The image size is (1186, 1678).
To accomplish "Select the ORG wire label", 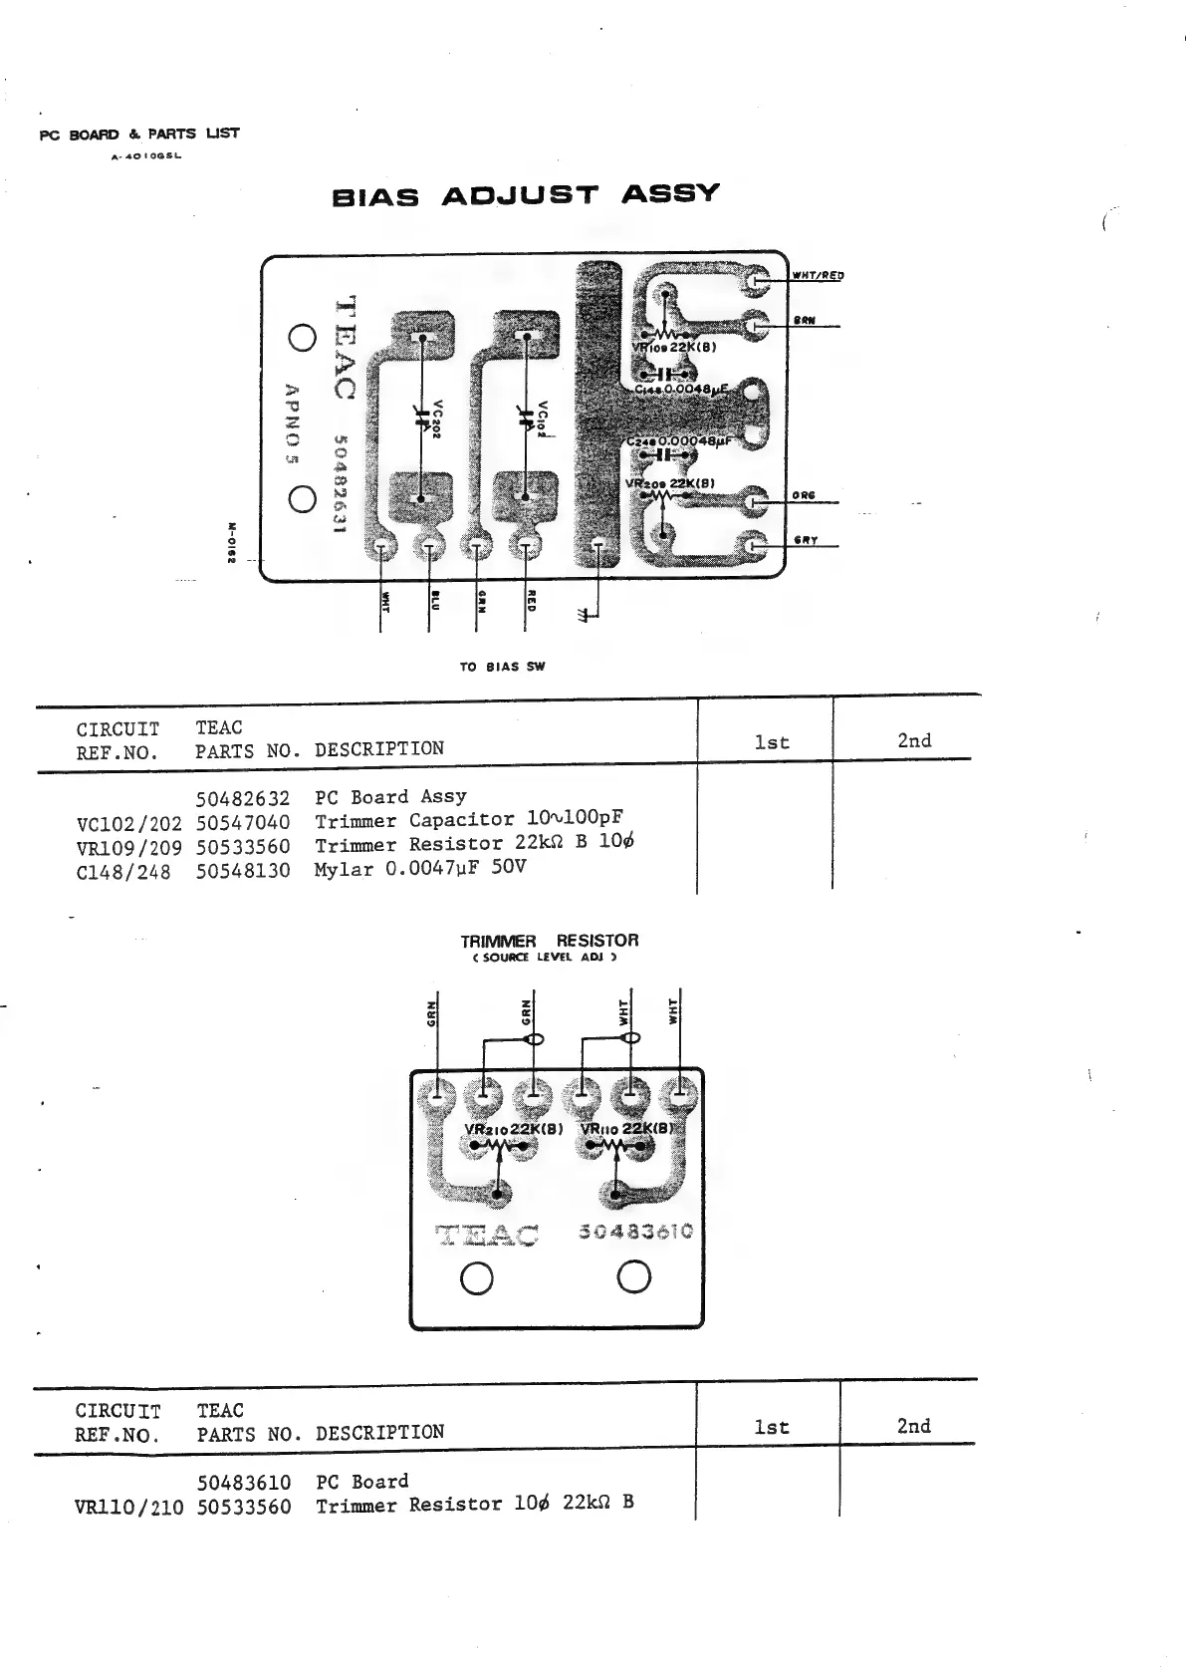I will (x=804, y=495).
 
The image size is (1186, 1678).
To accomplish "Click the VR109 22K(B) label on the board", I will (x=674, y=348).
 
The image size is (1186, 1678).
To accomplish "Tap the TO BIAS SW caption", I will (x=502, y=667).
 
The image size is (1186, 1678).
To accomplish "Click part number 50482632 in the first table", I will (x=243, y=798).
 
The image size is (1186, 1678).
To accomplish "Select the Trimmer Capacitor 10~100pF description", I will (x=469, y=820).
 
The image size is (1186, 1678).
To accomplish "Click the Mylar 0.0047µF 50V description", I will (x=420, y=868).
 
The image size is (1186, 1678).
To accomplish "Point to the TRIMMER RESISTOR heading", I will (x=549, y=941).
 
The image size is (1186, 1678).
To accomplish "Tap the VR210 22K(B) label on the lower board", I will (x=514, y=1129).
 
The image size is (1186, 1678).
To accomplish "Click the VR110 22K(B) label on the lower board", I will (x=627, y=1129).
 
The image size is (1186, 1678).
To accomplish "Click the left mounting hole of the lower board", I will (x=478, y=1277).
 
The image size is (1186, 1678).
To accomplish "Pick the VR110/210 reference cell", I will (x=129, y=1508).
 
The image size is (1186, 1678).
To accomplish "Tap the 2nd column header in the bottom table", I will (x=913, y=1426).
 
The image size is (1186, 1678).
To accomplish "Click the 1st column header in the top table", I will (x=772, y=742).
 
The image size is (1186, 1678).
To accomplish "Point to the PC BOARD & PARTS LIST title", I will (x=139, y=135).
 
